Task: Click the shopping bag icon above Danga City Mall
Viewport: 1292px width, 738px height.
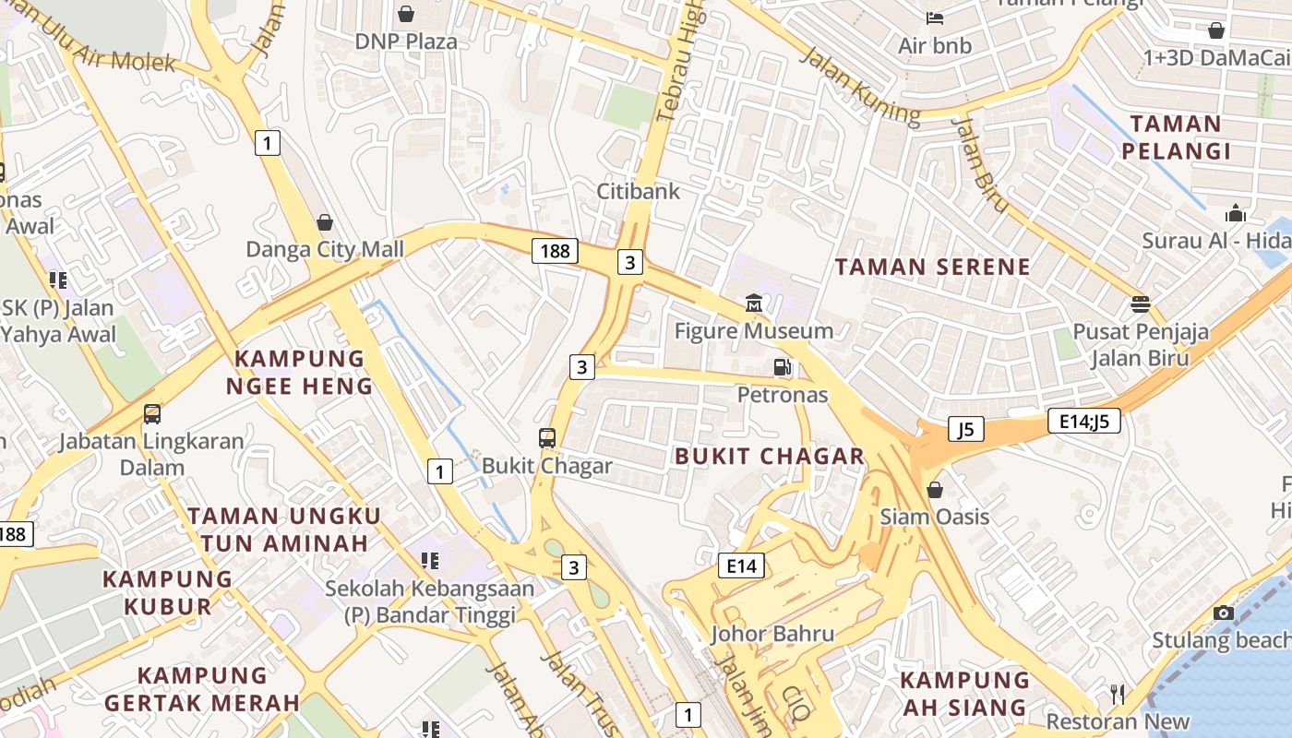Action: (x=325, y=222)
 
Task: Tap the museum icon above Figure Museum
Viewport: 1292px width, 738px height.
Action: (x=753, y=304)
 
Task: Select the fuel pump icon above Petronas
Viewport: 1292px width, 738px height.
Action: (x=783, y=367)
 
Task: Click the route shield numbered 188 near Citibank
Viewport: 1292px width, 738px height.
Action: (x=555, y=250)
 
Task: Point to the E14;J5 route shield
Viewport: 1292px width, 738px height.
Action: (x=1084, y=422)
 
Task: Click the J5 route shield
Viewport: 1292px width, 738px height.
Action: (x=965, y=429)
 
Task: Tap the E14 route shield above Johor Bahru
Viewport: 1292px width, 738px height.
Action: (x=741, y=565)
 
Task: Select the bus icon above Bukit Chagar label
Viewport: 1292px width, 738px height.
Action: (x=547, y=438)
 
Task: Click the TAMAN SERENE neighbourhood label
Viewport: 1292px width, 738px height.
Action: (x=932, y=268)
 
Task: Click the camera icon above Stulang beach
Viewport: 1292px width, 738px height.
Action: (x=1224, y=613)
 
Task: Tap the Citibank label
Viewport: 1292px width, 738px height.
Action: (x=638, y=191)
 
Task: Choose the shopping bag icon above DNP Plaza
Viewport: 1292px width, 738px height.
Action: (x=405, y=14)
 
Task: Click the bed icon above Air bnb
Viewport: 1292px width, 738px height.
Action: (x=934, y=18)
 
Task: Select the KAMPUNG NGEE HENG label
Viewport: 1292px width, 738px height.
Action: (x=300, y=372)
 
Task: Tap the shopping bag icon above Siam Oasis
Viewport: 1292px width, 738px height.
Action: (x=935, y=490)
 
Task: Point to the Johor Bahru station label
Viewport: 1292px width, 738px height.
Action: (x=760, y=634)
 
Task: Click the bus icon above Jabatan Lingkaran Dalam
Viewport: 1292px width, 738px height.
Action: (x=152, y=414)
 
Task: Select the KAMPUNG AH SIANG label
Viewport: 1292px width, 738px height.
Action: (x=964, y=694)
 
